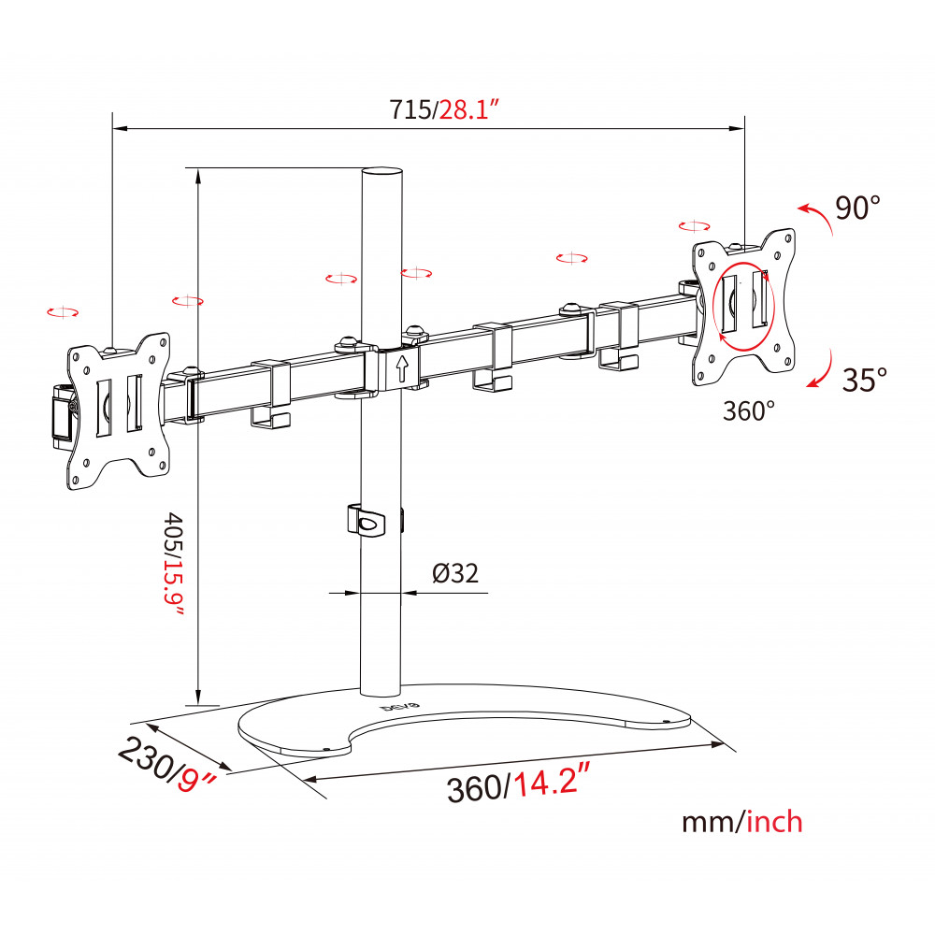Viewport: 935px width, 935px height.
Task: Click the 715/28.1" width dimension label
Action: (x=443, y=109)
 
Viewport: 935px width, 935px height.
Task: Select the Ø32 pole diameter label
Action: (x=455, y=573)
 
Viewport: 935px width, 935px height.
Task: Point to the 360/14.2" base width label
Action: (x=518, y=783)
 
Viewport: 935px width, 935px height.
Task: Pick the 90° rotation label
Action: (x=857, y=208)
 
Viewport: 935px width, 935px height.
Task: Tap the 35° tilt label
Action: (x=864, y=380)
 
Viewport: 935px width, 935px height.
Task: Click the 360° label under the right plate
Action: (x=749, y=410)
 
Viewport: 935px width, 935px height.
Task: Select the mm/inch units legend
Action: (x=741, y=822)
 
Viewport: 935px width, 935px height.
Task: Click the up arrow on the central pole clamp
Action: (x=402, y=367)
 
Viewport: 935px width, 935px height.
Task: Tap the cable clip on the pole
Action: (x=366, y=521)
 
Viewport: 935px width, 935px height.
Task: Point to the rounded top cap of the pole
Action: (x=381, y=173)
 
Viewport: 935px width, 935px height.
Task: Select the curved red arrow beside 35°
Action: (x=822, y=369)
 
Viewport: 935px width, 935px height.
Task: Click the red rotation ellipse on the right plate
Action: (x=743, y=307)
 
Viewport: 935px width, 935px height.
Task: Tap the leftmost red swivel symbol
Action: (x=63, y=312)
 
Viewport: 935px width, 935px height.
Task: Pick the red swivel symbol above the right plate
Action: (x=694, y=226)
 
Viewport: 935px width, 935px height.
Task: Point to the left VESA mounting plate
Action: (x=118, y=411)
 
